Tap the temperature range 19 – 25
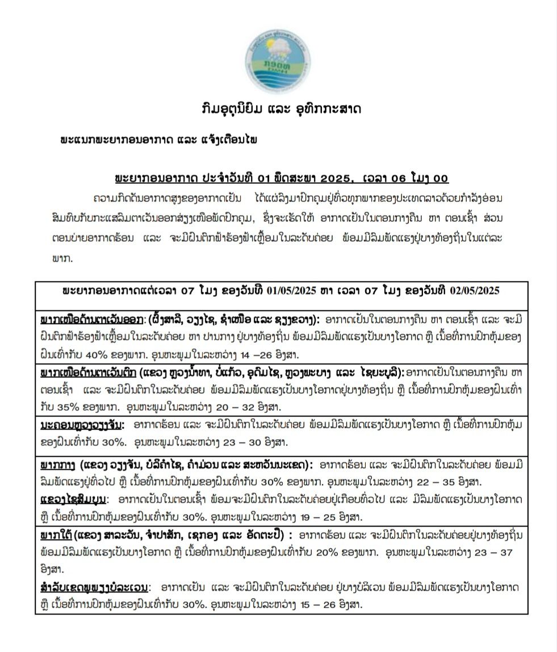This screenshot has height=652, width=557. [x=319, y=516]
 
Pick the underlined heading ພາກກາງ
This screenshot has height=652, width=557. [x=56, y=465]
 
